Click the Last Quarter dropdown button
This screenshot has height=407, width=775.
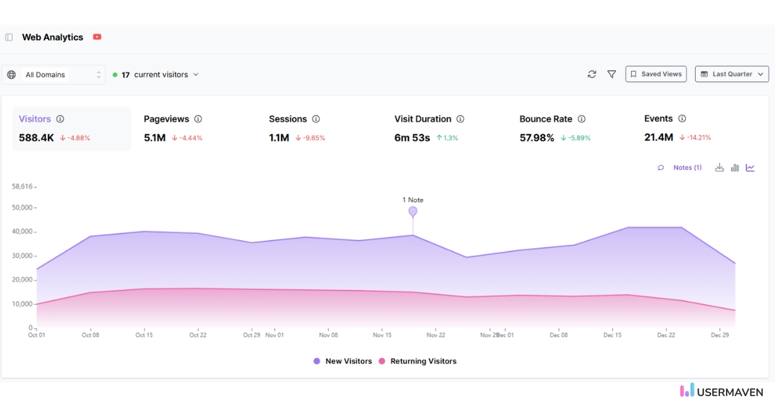(x=732, y=74)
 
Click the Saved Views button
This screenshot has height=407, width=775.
(x=656, y=74)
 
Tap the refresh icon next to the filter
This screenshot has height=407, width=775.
(x=592, y=74)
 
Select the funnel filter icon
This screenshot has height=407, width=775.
(x=612, y=74)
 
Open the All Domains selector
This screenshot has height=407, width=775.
(x=54, y=75)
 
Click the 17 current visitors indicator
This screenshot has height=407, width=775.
(x=156, y=75)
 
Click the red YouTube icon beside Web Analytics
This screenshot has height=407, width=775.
(x=97, y=37)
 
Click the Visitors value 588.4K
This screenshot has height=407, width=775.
(x=36, y=138)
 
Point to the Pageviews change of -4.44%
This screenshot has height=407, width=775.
(x=187, y=138)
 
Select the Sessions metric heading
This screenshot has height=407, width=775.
(x=287, y=119)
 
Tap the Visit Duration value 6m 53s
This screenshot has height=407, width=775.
(x=412, y=138)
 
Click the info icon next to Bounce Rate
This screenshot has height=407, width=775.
(x=581, y=119)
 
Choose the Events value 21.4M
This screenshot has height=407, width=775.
(x=659, y=137)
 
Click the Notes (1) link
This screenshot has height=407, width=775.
(x=687, y=167)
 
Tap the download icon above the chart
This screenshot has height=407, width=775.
(x=719, y=167)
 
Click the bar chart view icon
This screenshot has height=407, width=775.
(x=735, y=167)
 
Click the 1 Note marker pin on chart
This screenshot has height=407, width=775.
(x=413, y=211)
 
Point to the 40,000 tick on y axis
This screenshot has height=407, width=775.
(x=24, y=231)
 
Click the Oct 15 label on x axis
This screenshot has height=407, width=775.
(x=144, y=335)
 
